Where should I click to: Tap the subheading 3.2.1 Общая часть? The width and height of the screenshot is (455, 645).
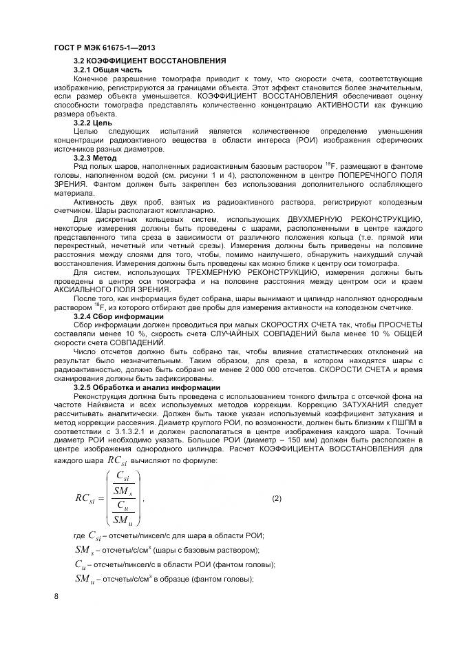pyautogui.click(x=107, y=70)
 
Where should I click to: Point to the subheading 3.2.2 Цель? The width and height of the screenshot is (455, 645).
pyautogui.click(x=93, y=123)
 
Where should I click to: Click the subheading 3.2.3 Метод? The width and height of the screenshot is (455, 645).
pyautogui.click(x=96, y=157)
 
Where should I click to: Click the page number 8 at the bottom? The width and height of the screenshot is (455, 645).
pyautogui.click(x=56, y=596)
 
